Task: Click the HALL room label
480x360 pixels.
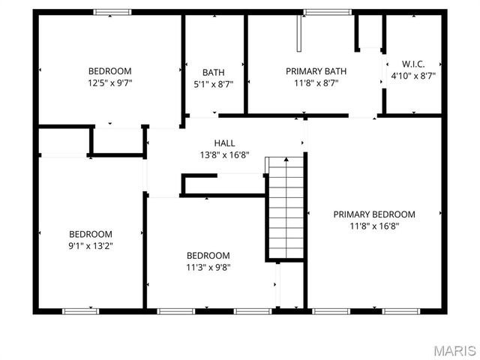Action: point(224,143)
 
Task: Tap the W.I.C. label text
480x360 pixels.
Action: point(413,64)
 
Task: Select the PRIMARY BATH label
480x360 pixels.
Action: point(316,72)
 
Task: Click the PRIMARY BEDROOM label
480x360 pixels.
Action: point(373,214)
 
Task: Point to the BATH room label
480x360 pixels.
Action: point(213,73)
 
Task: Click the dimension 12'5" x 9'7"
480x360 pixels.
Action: point(109,84)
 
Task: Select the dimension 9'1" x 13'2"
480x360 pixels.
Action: point(91,245)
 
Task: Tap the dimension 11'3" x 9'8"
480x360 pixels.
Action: point(208,267)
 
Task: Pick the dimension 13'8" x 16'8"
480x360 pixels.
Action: point(224,154)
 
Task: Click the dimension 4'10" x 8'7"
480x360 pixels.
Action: point(413,76)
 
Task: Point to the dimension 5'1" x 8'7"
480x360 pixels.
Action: point(213,84)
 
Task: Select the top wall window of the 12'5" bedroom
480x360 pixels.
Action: point(112,12)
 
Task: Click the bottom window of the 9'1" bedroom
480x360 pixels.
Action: point(80,310)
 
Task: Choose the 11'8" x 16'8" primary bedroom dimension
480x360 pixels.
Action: point(373,226)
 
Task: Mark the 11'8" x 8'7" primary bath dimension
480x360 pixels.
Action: point(316,83)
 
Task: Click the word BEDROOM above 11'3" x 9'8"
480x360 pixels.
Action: point(208,256)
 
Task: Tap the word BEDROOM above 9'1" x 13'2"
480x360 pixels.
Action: point(91,234)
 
